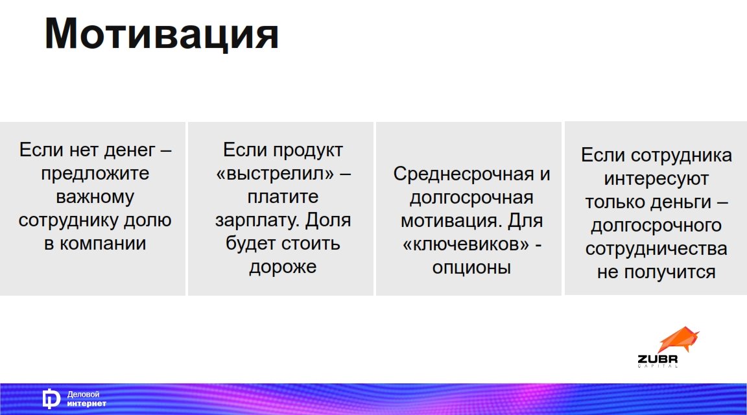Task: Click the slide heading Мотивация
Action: coord(161,34)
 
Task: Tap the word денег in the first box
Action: coord(130,150)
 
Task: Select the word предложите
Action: coord(95,173)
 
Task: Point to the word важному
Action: coord(95,196)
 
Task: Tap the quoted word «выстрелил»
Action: coord(275,173)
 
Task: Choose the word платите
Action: coord(283,196)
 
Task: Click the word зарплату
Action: coord(257,220)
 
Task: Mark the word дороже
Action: coord(283,267)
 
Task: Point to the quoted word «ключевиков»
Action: coord(466,244)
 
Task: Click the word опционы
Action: coord(471,268)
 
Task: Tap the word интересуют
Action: coord(656,179)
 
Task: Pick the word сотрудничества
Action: coord(656,249)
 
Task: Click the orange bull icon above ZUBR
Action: coord(678,340)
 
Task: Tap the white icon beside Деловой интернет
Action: coord(51,399)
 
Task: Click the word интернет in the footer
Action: coord(86,403)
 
